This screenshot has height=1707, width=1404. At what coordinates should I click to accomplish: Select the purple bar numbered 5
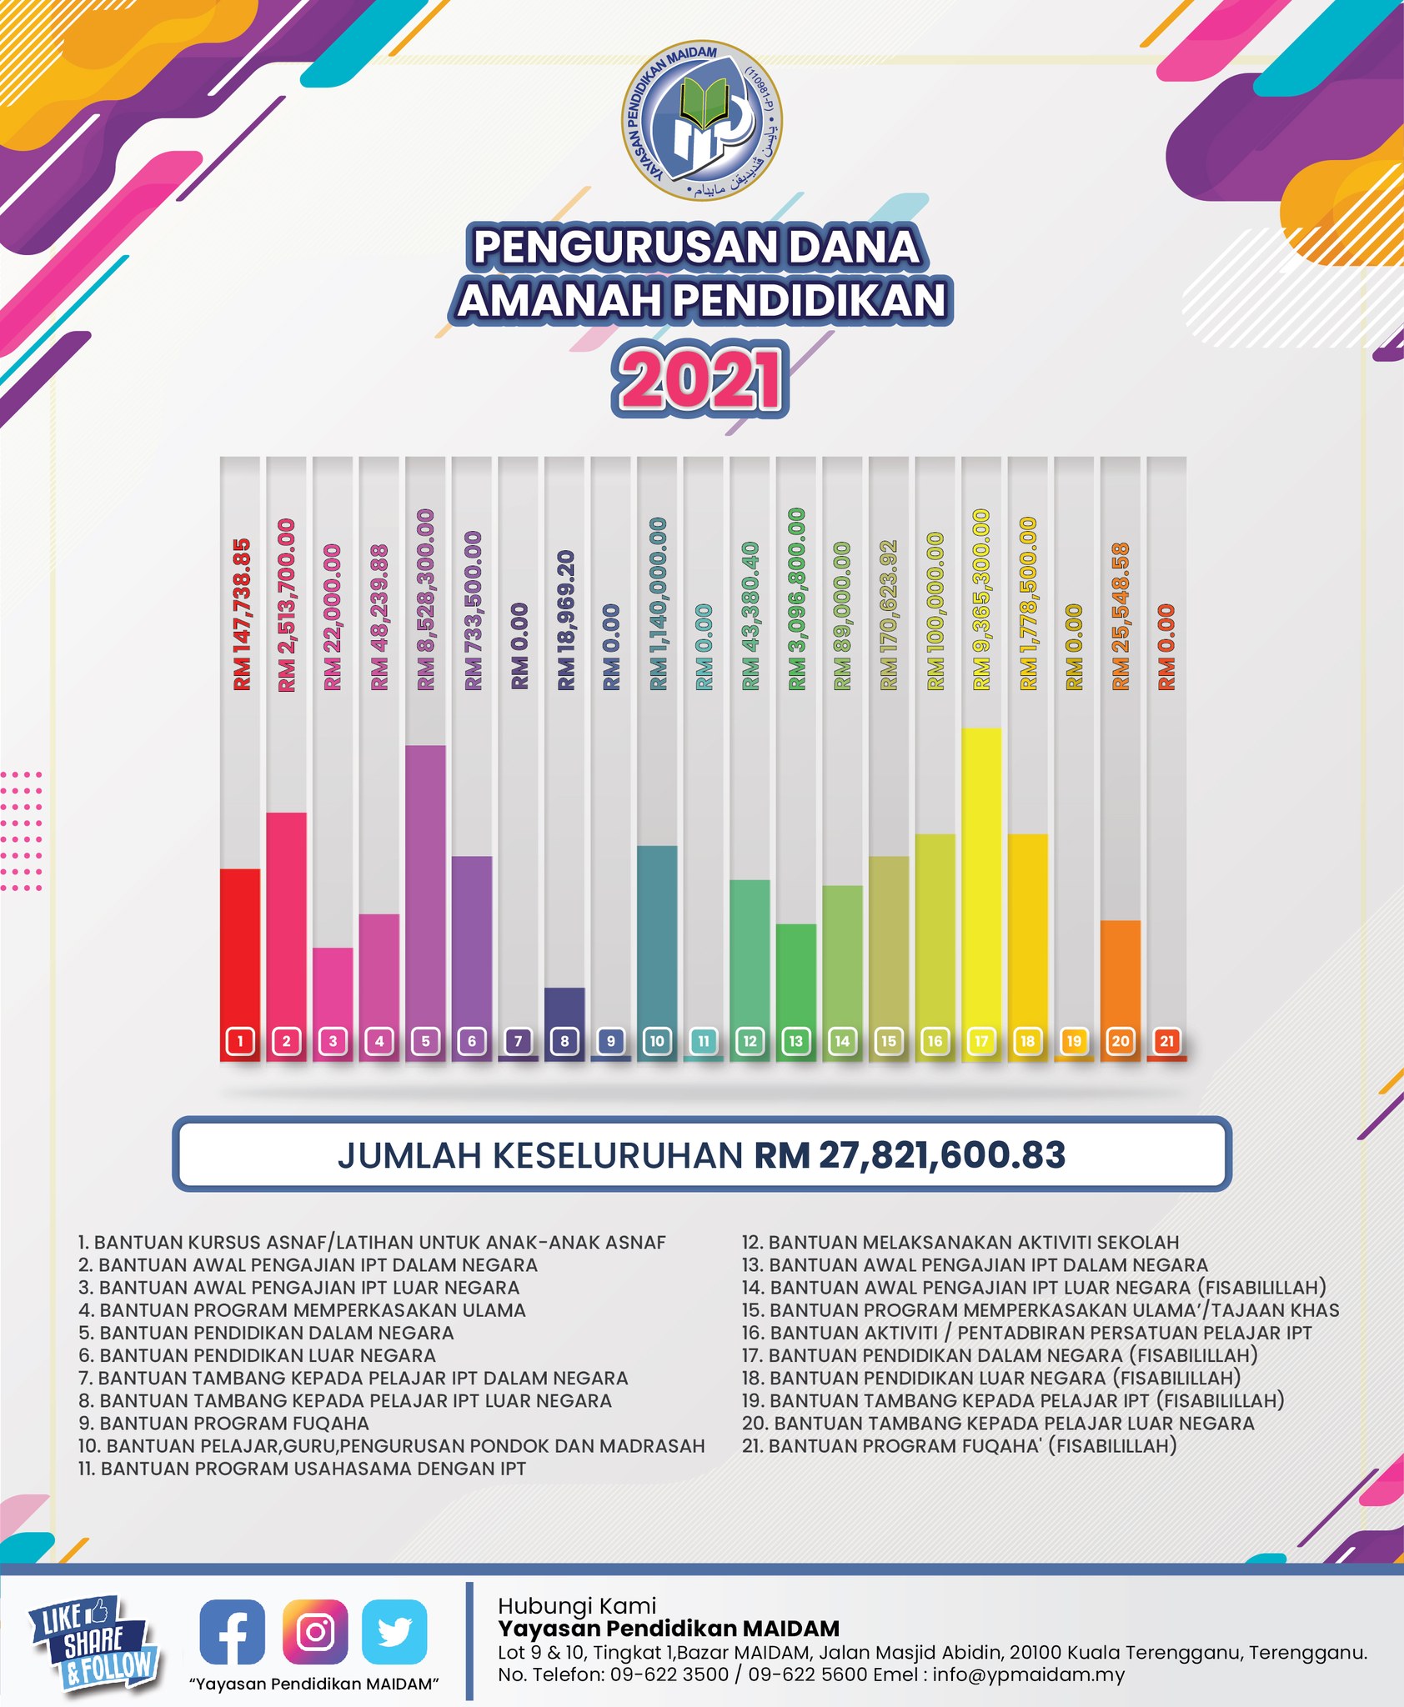coord(425,903)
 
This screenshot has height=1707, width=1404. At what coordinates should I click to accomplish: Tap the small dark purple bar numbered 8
coord(564,1024)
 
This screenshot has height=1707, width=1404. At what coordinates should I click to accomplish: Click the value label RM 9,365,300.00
coord(981,599)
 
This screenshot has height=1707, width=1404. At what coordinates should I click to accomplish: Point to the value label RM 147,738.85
coord(241,614)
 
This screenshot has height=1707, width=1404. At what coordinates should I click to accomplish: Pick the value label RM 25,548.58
coord(1121,616)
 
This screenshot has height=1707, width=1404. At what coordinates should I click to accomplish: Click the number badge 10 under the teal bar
coord(657,1041)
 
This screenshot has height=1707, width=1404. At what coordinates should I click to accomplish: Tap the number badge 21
coord(1166,1041)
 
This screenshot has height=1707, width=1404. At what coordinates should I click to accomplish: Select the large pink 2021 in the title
coord(700,380)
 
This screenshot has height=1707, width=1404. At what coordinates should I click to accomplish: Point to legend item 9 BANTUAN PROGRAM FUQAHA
coord(223,1423)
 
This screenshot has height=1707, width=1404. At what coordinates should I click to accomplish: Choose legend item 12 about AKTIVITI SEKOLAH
coord(960,1242)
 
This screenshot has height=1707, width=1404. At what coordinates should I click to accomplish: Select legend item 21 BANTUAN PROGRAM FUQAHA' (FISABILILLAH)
coord(960,1445)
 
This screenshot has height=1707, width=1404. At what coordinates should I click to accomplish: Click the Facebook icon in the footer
coord(233,1632)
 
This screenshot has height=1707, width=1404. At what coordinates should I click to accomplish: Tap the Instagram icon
coord(315,1632)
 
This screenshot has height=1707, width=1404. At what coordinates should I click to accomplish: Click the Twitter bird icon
coord(394,1632)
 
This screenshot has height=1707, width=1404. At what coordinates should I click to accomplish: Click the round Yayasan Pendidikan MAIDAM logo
coord(703,123)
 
